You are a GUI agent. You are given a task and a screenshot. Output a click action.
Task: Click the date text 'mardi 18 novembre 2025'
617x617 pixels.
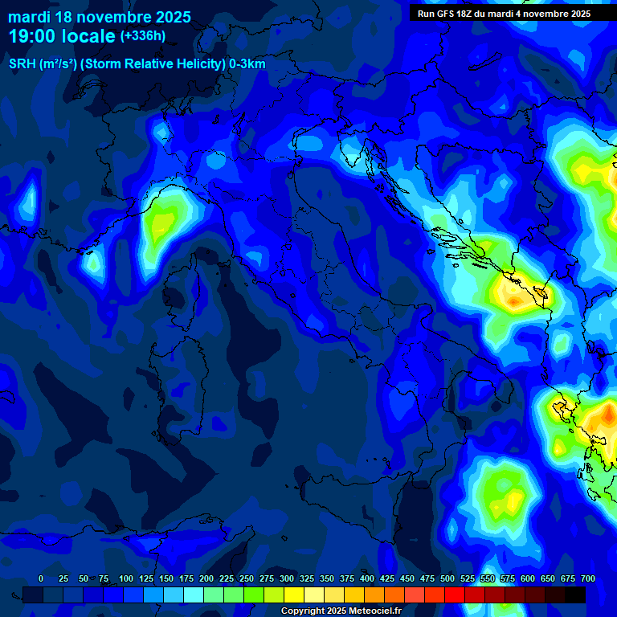tap(100, 17)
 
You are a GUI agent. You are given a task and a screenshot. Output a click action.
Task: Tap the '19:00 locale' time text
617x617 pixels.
tap(62, 36)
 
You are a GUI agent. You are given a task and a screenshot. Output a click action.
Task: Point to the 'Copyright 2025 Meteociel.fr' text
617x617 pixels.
tap(341, 611)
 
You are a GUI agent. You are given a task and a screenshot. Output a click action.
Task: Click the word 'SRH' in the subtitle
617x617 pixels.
tap(23, 64)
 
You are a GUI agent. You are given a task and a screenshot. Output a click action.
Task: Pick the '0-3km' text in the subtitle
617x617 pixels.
tap(247, 64)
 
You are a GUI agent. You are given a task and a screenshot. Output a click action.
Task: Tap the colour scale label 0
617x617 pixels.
tap(41, 578)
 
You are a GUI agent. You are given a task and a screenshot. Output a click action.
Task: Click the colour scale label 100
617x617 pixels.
tap(126, 578)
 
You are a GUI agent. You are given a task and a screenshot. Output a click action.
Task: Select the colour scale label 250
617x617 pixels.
tap(247, 578)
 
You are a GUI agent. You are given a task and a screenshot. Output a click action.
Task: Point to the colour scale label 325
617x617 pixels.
tap(307, 578)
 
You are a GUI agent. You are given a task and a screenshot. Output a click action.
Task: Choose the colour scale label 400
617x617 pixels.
tap(367, 578)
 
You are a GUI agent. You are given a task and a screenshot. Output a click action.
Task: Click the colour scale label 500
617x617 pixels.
tap(447, 578)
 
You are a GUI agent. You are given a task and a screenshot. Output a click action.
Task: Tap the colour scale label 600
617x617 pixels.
tap(528, 578)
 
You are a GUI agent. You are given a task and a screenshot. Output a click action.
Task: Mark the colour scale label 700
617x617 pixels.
tap(587, 578)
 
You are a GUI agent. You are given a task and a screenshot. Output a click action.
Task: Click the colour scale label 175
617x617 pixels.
tap(186, 578)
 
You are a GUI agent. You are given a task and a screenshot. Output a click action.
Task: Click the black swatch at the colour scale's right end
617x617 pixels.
tap(575, 595)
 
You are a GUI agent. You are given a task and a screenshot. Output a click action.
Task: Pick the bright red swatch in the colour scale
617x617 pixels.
tap(455, 595)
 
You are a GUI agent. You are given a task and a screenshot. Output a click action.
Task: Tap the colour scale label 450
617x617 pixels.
tap(407, 578)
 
